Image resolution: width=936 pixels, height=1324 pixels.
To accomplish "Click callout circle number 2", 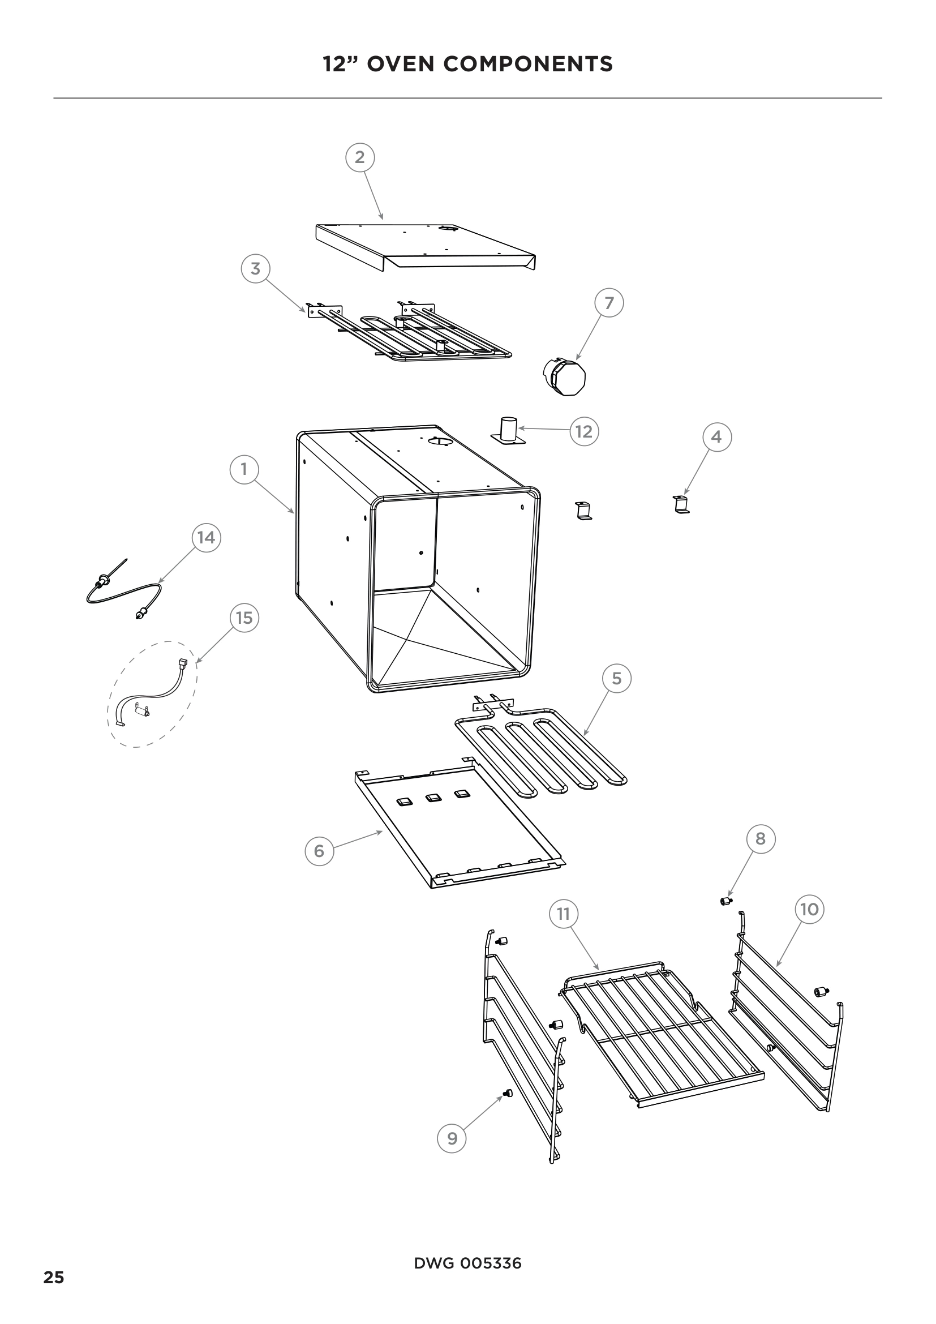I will [x=360, y=157].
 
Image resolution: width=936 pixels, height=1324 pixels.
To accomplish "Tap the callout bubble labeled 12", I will [x=584, y=431].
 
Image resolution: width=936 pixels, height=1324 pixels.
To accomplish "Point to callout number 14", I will [x=206, y=537].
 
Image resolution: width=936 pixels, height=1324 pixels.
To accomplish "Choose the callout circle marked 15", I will [x=244, y=618].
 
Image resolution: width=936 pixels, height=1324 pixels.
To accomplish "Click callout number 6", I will [x=319, y=851].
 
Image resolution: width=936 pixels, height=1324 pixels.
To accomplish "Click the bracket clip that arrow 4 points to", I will [x=681, y=504].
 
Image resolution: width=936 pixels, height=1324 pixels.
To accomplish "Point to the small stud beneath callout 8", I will [x=726, y=901].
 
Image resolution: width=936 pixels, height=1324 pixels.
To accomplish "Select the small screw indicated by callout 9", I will [x=508, y=1092].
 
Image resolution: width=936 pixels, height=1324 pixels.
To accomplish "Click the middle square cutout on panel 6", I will [x=433, y=798].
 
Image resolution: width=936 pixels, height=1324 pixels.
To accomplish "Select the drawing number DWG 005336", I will [x=467, y=1263].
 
